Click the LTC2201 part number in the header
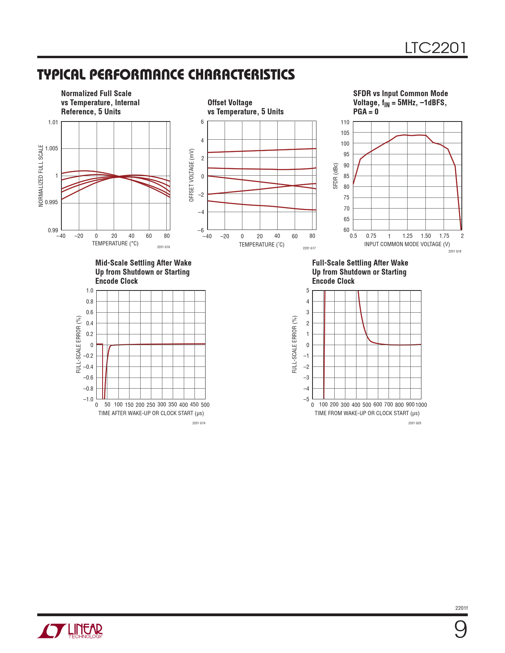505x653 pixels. click(435, 48)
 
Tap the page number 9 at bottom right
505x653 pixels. click(460, 630)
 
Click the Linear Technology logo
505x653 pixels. click(70, 631)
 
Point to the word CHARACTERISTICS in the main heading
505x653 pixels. click(241, 74)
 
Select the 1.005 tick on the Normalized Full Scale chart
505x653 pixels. click(51, 148)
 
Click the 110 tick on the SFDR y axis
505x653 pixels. click(345, 122)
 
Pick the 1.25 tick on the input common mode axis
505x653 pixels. click(407, 236)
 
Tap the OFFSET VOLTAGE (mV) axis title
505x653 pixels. click(192, 175)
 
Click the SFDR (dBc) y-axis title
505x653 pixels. click(335, 176)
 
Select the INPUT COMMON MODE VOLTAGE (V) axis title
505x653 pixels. click(407, 244)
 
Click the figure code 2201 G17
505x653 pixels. click(309, 248)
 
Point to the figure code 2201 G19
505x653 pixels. click(198, 423)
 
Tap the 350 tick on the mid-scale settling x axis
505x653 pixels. click(172, 404)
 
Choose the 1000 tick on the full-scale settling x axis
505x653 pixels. click(421, 404)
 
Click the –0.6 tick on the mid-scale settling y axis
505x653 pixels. click(88, 378)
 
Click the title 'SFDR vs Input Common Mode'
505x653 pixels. click(400, 93)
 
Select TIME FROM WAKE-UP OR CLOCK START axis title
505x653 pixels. click(367, 413)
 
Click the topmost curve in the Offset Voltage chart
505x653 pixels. click(261, 150)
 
